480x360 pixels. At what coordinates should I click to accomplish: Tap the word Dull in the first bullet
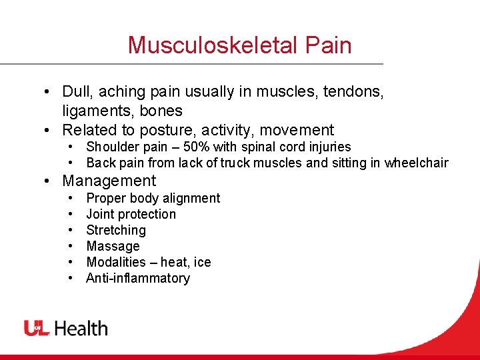(76, 92)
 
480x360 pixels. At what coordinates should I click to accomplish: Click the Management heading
(109, 181)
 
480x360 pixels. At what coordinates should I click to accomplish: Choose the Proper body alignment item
(153, 198)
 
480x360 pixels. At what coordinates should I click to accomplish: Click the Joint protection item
(131, 214)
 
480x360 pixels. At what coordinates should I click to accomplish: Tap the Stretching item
(115, 230)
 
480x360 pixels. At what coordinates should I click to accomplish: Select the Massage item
(113, 246)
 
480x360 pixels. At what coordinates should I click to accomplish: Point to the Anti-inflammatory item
(137, 278)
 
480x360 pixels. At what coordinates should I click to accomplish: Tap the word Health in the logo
(81, 328)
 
